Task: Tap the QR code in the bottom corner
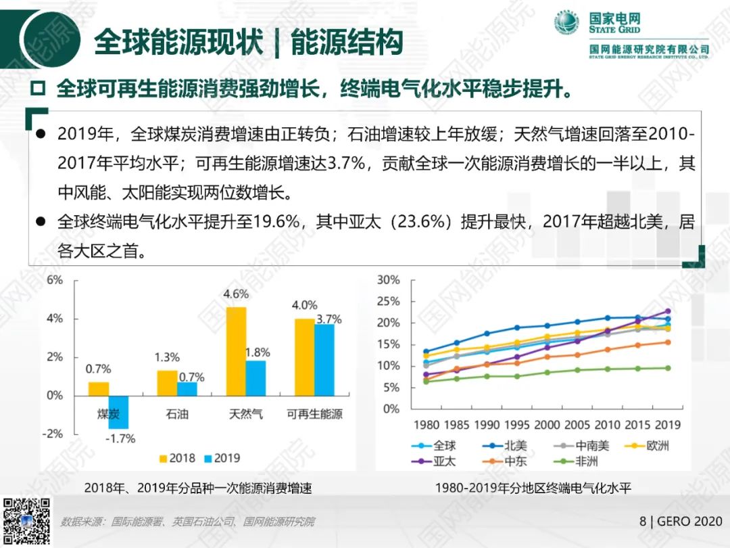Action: pyautogui.click(x=27, y=521)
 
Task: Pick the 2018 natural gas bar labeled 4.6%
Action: pyautogui.click(x=236, y=351)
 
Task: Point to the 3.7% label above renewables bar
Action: pyautogui.click(x=328, y=319)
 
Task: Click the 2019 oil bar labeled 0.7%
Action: pyautogui.click(x=188, y=388)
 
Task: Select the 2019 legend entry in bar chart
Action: pyautogui.click(x=220, y=458)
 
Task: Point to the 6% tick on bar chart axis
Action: pyautogui.click(x=55, y=279)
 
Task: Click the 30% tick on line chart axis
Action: pyautogui.click(x=388, y=279)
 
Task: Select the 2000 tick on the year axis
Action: pyautogui.click(x=547, y=425)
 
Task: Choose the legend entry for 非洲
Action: pyautogui.click(x=579, y=461)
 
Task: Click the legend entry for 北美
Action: pyautogui.click(x=508, y=446)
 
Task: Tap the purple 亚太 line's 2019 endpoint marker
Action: pyautogui.click(x=668, y=311)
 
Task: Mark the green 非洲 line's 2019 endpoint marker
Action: pyautogui.click(x=668, y=368)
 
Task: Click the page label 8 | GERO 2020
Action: pyautogui.click(x=680, y=522)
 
